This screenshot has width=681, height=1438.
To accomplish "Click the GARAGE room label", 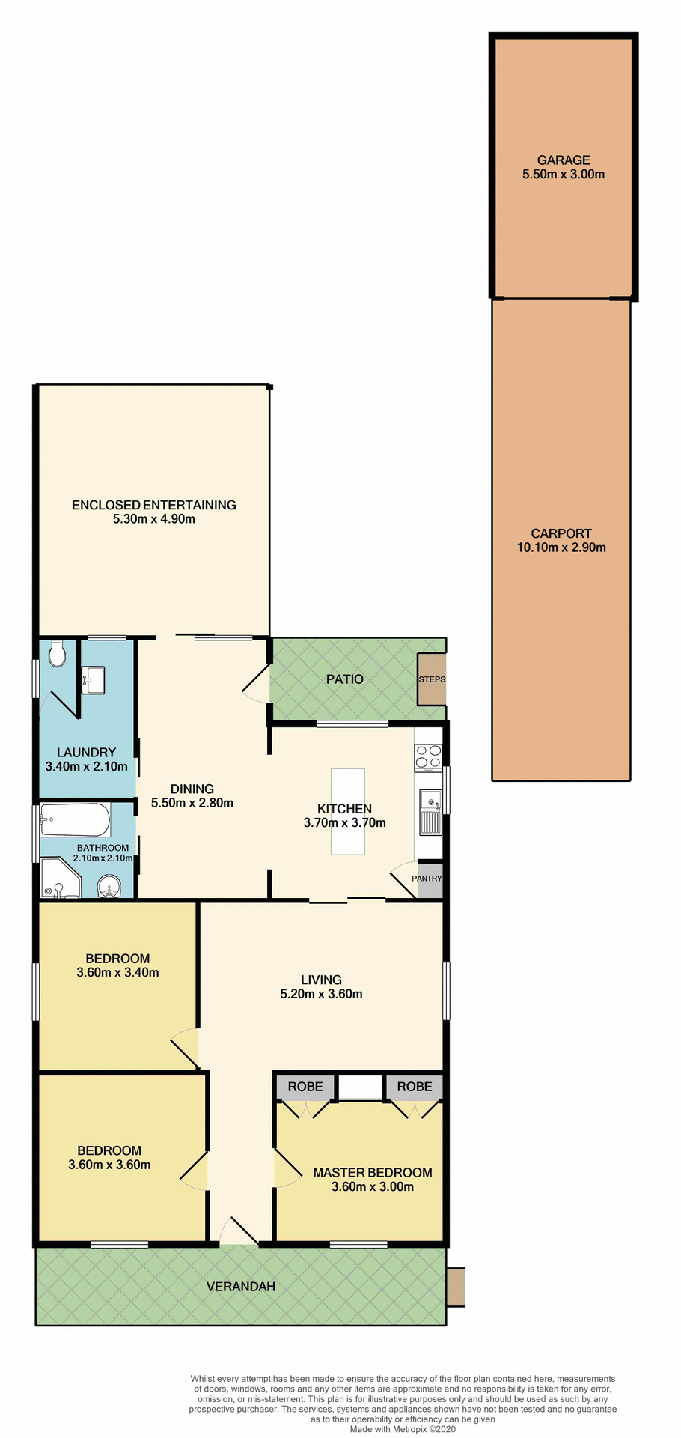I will tap(563, 160).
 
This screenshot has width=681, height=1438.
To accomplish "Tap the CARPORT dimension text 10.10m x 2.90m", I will tap(561, 547).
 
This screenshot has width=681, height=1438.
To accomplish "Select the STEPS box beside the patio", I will tap(432, 679).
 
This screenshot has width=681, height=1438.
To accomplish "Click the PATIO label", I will tap(344, 679).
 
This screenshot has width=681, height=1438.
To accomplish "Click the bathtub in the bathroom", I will tap(75, 820).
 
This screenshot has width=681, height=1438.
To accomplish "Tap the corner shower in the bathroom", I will tap(58, 879).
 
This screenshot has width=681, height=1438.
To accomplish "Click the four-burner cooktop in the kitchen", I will tap(428, 757).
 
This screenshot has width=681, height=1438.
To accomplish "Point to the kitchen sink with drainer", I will tap(430, 812).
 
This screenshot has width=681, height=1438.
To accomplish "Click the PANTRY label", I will tap(427, 879).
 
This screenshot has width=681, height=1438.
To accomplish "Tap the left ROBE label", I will tap(305, 1087).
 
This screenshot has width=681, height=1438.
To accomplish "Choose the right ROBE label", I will tap(415, 1087).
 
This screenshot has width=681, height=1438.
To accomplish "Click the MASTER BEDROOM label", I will tap(372, 1173).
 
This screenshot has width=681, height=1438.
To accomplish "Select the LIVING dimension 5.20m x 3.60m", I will tap(321, 994).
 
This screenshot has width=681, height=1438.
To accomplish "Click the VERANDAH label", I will tap(240, 1287).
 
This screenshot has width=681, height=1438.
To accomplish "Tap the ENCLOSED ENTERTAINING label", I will tap(153, 505).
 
